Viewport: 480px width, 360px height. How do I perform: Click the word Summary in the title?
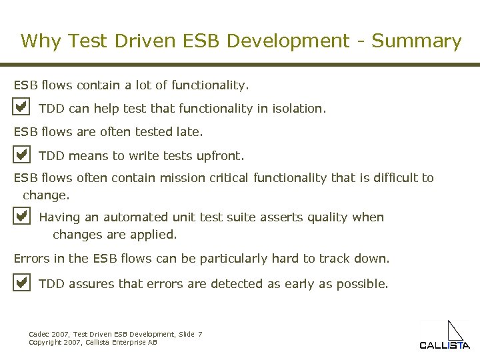[x=416, y=41]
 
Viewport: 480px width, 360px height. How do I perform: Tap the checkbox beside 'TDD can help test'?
[x=21, y=107]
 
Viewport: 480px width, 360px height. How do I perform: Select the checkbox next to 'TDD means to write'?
[x=21, y=155]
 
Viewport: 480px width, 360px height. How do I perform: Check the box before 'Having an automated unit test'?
[x=21, y=216]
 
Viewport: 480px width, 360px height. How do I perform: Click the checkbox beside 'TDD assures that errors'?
[x=21, y=283]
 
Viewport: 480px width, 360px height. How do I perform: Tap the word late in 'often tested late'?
[x=190, y=132]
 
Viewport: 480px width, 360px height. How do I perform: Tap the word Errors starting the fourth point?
[x=31, y=258]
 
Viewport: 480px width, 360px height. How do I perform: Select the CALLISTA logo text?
[x=444, y=345]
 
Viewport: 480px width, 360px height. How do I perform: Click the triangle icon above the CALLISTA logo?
[x=455, y=331]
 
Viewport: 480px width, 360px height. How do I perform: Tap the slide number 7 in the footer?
[x=200, y=334]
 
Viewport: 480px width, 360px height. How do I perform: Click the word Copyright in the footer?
[x=45, y=342]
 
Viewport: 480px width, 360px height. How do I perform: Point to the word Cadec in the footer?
[x=39, y=334]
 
